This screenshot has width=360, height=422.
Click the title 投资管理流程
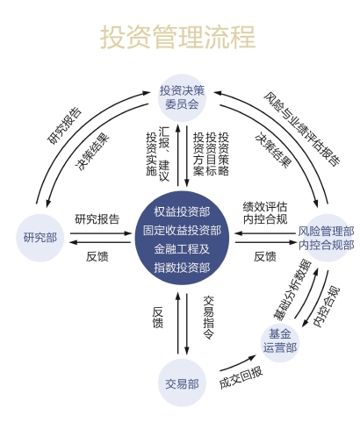178,37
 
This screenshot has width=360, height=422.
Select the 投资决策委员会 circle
182,98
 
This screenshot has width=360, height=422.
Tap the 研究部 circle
40,238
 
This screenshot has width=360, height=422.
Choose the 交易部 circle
182,383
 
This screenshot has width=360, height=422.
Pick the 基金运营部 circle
280,340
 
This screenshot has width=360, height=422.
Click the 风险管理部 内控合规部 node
327,238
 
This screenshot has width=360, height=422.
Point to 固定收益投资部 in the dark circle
182,231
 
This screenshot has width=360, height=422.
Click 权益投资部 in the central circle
182,212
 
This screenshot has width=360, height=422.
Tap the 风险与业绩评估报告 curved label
302,129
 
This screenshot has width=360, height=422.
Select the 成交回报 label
241,377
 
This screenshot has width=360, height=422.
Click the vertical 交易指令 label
209,318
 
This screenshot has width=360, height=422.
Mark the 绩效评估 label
265,207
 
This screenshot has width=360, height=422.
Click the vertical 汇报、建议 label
164,154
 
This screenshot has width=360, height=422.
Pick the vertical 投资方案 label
198,154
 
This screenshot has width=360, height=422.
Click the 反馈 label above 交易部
158,318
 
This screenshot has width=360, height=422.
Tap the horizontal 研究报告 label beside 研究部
97,219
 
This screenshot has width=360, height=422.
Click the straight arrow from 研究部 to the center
101,233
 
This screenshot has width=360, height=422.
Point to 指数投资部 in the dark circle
182,268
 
